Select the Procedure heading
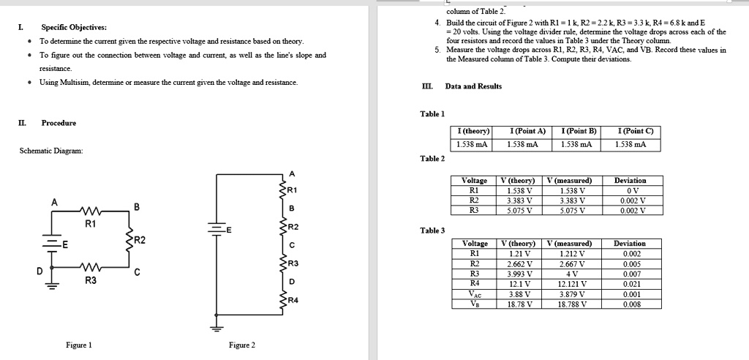click(59, 122)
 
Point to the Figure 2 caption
click(242, 345)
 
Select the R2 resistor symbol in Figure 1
click(129, 239)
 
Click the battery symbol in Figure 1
click(52, 245)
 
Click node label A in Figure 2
click(292, 173)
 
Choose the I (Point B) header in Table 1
click(578, 131)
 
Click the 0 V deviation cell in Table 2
click(630, 188)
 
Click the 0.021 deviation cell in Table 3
click(630, 284)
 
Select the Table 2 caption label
click(432, 158)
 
